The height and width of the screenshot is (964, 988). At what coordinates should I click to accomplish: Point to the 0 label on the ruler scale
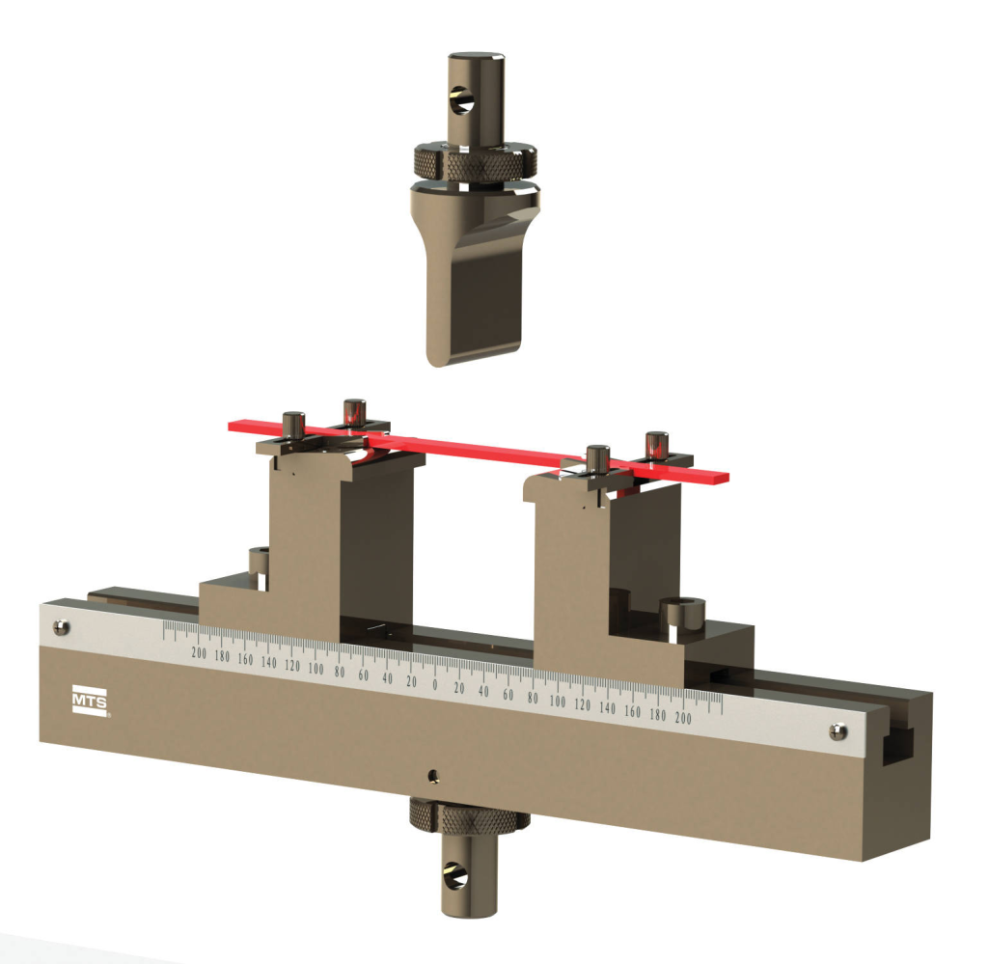coord(435,685)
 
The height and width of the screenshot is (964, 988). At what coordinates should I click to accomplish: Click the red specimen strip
coord(479,450)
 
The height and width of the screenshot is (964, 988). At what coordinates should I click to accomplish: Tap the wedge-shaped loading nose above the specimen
coord(473,277)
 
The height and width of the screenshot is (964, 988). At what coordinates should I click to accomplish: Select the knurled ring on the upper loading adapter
coord(475,161)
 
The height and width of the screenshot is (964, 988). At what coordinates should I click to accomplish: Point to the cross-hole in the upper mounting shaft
coord(460,100)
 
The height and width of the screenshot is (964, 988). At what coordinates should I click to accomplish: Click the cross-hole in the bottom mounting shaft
coord(455,876)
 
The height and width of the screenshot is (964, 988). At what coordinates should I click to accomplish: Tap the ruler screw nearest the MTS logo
coord(61,627)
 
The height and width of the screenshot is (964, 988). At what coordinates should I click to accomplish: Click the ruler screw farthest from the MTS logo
coord(837,731)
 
